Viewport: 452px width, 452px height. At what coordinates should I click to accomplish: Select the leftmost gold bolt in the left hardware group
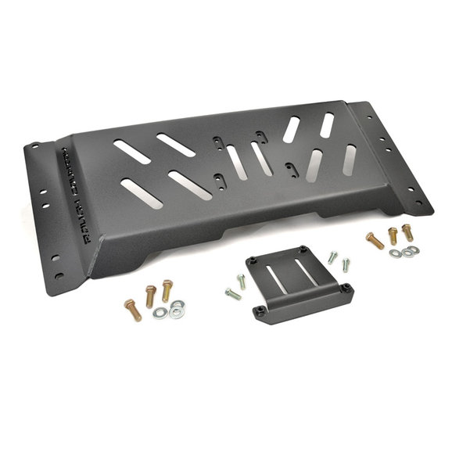132,310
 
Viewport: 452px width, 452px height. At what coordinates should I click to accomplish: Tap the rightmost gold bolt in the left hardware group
167,291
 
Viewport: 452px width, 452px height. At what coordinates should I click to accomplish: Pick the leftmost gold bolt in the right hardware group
375,240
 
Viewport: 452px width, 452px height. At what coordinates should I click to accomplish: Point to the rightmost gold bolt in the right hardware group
407,232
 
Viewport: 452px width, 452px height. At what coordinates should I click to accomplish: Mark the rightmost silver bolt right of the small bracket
346,264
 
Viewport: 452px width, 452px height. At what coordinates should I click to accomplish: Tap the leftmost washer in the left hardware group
160,313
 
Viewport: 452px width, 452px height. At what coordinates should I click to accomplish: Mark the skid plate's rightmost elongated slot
350,159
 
